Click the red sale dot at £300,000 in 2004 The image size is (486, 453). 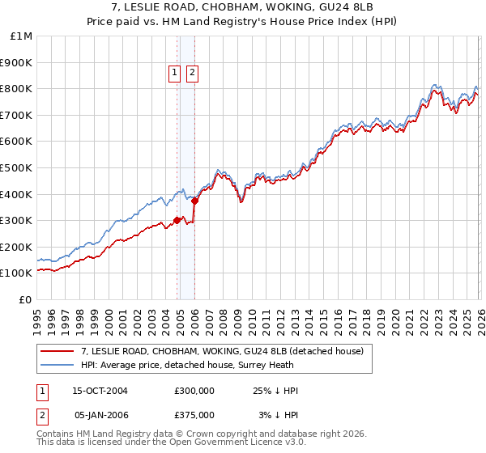pos(177,220)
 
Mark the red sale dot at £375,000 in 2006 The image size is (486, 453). pos(195,201)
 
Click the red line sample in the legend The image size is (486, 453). pos(58,351)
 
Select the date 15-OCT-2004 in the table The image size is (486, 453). pos(100,391)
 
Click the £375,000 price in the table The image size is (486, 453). pos(194,415)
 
